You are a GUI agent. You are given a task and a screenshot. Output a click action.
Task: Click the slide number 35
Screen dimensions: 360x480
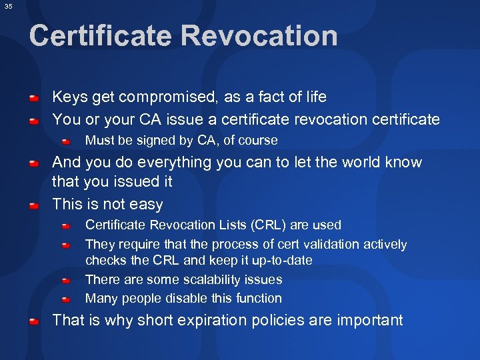pos(8,7)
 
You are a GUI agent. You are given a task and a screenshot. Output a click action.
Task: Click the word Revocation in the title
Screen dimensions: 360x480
pos(267,36)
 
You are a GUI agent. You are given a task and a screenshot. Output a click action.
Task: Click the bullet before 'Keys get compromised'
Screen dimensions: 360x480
pos(33,99)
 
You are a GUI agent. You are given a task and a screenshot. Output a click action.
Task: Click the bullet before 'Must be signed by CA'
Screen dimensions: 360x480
pos(67,141)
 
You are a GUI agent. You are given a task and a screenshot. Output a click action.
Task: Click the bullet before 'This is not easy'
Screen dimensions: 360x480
pos(33,206)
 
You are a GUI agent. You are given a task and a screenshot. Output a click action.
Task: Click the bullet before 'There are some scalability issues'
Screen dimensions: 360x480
pos(67,281)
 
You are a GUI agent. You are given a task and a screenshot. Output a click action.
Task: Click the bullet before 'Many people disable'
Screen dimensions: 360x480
pos(67,299)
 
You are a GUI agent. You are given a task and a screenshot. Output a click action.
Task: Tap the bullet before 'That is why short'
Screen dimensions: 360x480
pos(33,322)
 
